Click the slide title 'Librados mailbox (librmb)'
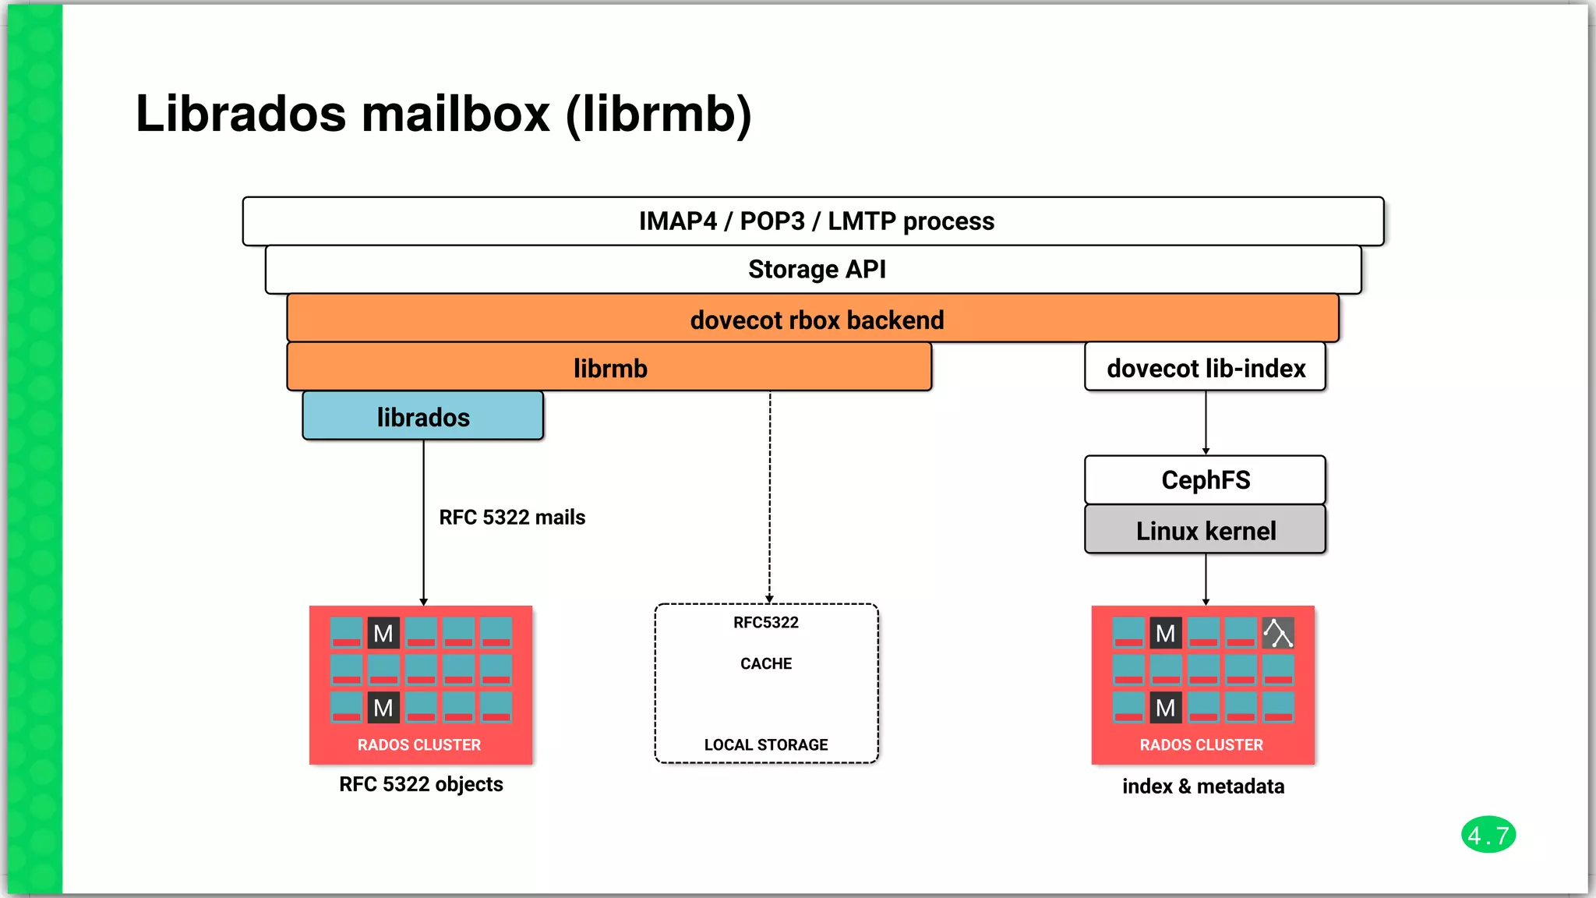443,114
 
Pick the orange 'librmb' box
609,368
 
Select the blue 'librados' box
423,417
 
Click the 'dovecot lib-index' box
1205,368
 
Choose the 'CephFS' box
1205,480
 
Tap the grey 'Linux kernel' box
1205,531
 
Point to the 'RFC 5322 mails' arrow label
512,518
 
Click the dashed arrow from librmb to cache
770,499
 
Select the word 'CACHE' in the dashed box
766,664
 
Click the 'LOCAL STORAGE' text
766,745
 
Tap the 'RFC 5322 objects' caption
421,784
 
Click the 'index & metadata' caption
1203,787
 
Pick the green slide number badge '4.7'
1488,836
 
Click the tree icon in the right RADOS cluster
1278,633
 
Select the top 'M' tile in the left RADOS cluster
383,633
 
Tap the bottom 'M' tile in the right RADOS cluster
1166,708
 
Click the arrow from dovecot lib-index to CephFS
1206,422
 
